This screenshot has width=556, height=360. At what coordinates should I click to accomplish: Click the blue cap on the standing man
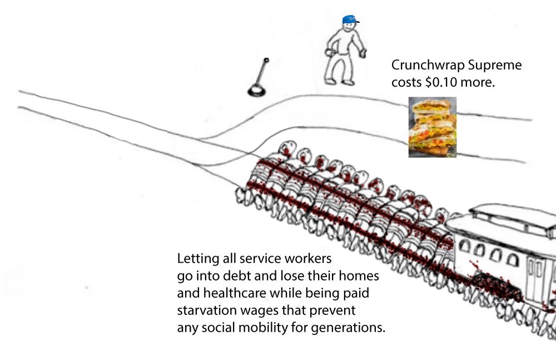350,21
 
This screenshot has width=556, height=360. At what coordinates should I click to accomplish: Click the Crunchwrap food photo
433,127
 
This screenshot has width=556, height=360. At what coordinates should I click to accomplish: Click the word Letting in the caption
195,259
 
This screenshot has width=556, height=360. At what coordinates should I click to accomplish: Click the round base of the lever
256,89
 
